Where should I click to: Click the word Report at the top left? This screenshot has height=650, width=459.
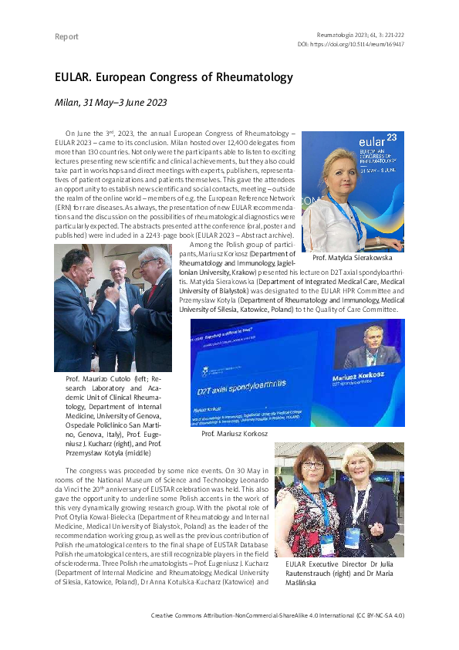(67, 37)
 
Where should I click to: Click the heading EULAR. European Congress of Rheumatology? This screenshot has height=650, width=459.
(174, 78)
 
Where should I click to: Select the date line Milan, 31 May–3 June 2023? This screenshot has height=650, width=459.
(110, 102)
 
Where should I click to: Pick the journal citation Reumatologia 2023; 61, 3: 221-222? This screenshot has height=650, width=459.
(360, 34)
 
